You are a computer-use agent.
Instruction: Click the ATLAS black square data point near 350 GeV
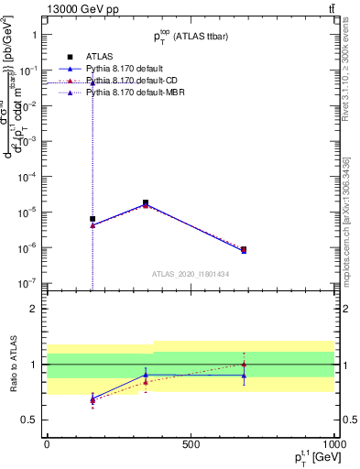click(x=146, y=202)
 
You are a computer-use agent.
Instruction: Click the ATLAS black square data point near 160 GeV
click(x=93, y=219)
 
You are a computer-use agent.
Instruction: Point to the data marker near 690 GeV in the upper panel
click(x=244, y=249)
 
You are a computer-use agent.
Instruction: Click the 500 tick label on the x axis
click(x=191, y=443)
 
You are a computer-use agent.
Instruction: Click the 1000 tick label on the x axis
click(x=333, y=443)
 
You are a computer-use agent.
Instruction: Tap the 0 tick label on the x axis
click(x=47, y=443)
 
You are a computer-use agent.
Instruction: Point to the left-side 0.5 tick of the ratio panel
click(x=28, y=420)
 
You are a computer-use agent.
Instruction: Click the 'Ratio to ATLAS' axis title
click(x=12, y=364)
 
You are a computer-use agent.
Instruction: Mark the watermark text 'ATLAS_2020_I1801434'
click(x=190, y=273)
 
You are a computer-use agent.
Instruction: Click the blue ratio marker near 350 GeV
click(x=146, y=375)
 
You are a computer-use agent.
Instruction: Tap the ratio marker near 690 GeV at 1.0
click(x=244, y=364)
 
